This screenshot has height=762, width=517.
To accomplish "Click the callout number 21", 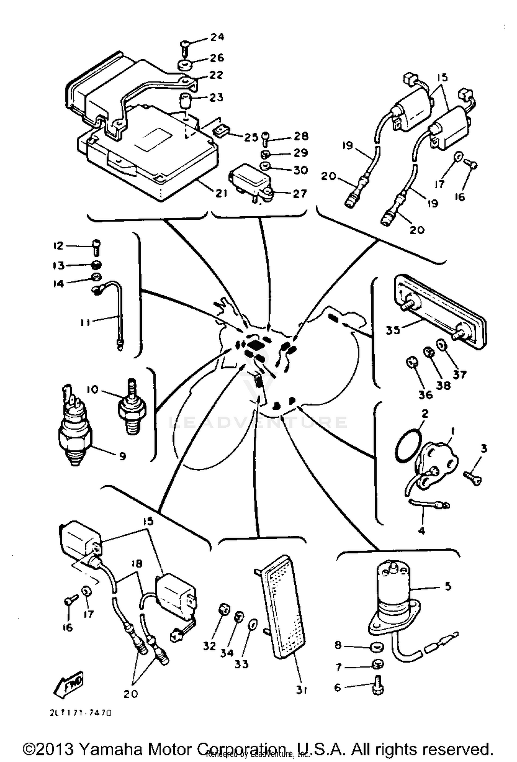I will point(221,193).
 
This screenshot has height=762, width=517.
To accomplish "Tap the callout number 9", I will point(122,456).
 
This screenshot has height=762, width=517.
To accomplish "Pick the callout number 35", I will point(393,330).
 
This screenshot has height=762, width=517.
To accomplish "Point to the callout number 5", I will point(448,586).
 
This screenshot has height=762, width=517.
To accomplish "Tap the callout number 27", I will point(299,194).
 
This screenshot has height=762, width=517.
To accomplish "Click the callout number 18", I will point(137,564).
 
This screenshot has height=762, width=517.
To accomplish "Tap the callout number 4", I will point(422,531).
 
